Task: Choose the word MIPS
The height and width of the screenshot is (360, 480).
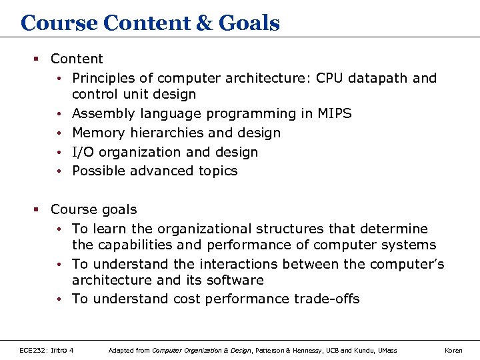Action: [x=335, y=114]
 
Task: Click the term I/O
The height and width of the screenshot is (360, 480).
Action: [x=83, y=152]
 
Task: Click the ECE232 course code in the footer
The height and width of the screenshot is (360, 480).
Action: [x=35, y=350]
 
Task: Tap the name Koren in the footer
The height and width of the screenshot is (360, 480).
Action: [x=453, y=350]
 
